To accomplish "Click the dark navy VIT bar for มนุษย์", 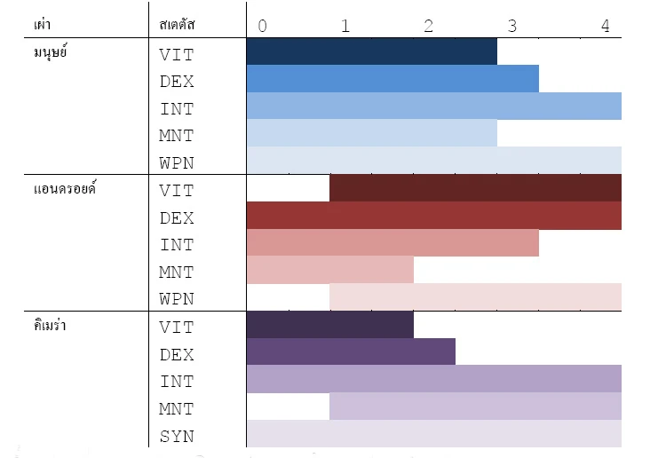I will (x=371, y=52).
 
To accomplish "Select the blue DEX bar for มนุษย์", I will (x=392, y=79).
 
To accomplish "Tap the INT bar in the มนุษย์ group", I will (x=433, y=107).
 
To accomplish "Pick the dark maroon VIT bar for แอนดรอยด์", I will (x=475, y=189).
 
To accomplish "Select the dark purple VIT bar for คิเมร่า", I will (x=329, y=325).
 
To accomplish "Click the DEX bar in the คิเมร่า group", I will (x=351, y=352).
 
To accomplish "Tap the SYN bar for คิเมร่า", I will (x=433, y=434).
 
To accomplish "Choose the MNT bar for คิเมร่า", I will (x=475, y=407).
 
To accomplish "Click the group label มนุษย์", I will (x=51, y=53).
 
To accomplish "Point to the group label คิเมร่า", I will (x=51, y=326).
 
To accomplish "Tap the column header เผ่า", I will (x=41, y=25).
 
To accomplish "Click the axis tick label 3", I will (x=512, y=26).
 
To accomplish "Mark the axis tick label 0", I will (x=262, y=26).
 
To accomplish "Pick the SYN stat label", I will (x=177, y=436).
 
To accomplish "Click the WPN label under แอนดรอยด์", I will (x=177, y=299).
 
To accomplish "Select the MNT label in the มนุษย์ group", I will (x=177, y=136).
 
